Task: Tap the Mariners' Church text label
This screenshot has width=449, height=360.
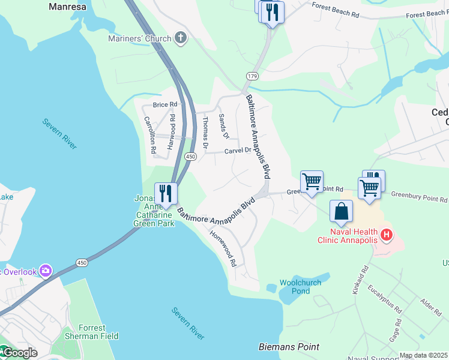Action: (139, 39)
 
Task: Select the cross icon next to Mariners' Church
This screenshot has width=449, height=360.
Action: (180, 38)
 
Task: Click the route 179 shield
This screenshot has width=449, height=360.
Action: (252, 76)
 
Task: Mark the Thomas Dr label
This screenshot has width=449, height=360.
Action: (205, 132)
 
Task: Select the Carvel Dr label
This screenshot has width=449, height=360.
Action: (237, 151)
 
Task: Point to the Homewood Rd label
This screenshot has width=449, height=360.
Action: (223, 248)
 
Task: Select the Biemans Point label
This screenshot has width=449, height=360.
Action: (289, 347)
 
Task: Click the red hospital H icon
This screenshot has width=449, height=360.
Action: (387, 234)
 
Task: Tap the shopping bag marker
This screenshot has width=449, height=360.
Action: (341, 211)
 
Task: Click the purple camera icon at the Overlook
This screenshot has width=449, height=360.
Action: (45, 271)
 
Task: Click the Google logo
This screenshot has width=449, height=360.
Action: (19, 353)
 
